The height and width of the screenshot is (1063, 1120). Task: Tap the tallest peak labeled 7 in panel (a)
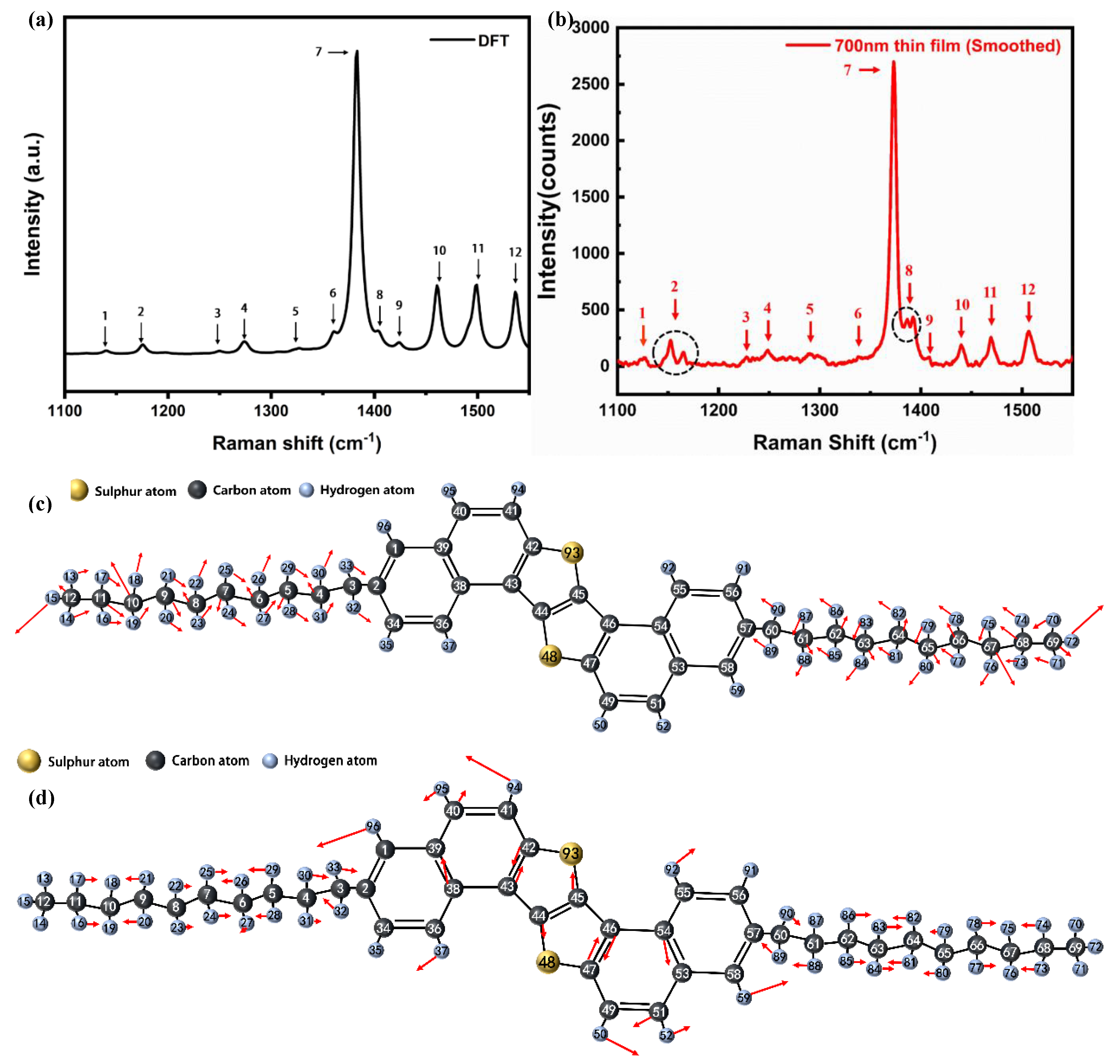[356, 52]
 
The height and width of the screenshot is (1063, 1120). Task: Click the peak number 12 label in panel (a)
[515, 252]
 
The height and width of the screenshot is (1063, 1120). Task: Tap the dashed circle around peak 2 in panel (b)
[675, 352]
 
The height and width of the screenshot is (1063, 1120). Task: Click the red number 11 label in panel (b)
[990, 292]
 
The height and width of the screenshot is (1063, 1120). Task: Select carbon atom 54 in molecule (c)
[661, 626]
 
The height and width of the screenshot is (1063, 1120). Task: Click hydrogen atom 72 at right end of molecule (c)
[1071, 641]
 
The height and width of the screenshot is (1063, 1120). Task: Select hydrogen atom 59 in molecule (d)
[743, 997]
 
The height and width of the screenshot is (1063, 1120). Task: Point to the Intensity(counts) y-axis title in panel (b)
[547, 201]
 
